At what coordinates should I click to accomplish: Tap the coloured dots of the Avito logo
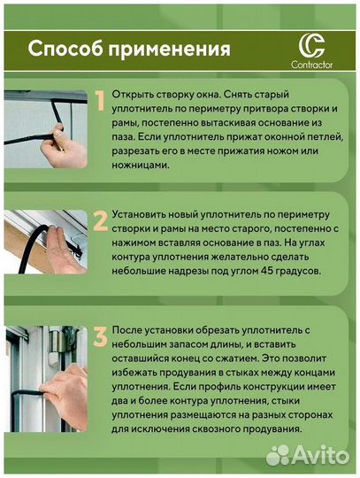280,455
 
